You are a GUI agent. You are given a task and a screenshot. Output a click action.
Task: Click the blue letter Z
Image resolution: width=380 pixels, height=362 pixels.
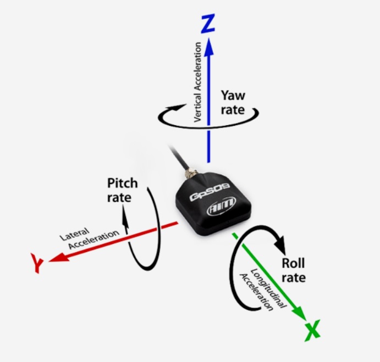[x=208, y=24]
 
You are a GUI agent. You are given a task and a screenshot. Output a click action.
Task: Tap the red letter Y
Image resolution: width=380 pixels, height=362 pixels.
[x=37, y=263]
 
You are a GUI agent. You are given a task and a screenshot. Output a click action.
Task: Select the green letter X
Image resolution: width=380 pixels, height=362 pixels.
[x=312, y=330]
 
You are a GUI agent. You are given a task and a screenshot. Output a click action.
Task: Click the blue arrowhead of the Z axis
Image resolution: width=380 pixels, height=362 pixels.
[x=208, y=47]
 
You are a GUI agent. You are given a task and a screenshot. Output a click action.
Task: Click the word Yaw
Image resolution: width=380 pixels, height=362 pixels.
[x=233, y=96]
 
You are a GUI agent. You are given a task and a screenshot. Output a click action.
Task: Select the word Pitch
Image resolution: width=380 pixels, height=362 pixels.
[x=123, y=183]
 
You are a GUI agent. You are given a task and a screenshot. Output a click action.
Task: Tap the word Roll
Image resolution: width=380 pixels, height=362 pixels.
[x=293, y=264]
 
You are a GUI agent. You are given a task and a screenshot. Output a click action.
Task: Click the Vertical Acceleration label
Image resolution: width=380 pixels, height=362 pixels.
[x=198, y=82]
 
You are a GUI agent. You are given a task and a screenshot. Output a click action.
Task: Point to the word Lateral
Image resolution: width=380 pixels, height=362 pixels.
[x=74, y=234]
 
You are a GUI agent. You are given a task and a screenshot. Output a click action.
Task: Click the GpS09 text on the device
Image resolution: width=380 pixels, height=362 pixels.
[x=210, y=192]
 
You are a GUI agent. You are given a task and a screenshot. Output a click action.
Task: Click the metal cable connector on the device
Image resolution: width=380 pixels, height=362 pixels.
[x=190, y=174]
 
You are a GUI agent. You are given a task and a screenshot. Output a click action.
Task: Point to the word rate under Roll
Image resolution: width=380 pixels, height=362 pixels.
[x=294, y=278]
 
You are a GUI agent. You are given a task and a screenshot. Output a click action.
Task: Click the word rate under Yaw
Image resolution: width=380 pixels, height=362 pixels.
[x=233, y=110]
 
